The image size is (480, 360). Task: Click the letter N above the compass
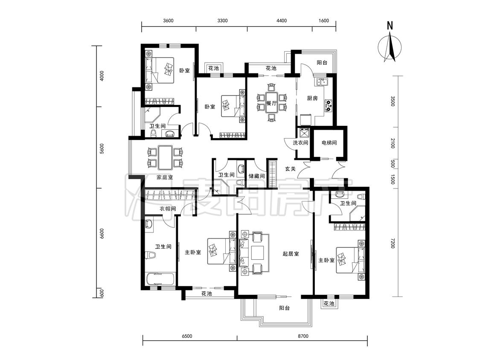pyautogui.click(x=390, y=26)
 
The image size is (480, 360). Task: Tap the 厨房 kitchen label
pyautogui.click(x=312, y=98)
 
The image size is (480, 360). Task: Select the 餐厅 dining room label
pyautogui.click(x=271, y=103)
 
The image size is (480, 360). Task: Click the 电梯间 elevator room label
pyautogui.click(x=329, y=142)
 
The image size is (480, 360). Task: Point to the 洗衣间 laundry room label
pyautogui.click(x=300, y=142)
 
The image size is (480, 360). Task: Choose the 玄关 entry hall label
pyautogui.click(x=290, y=168)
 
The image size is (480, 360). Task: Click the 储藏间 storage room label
pyautogui.click(x=256, y=176)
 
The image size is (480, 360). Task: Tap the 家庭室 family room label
pyautogui.click(x=165, y=177)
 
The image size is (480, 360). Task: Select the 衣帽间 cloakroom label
pyautogui.click(x=168, y=209)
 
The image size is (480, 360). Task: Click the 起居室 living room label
pyautogui.click(x=291, y=254)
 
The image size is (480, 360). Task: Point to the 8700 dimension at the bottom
pyautogui.click(x=303, y=336)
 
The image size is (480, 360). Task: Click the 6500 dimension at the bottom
pyautogui.click(x=187, y=336)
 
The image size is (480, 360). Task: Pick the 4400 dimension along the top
pyautogui.click(x=282, y=20)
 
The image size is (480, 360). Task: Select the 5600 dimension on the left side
pyautogui.click(x=102, y=149)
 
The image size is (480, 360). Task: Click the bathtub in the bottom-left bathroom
pyautogui.click(x=160, y=279)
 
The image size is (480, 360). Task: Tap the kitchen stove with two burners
pyautogui.click(x=329, y=105)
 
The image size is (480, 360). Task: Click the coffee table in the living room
pyautogui.click(x=257, y=253)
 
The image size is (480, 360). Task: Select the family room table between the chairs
pyautogui.click(x=165, y=158)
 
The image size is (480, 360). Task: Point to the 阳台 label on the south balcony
pyautogui.click(x=285, y=308)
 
